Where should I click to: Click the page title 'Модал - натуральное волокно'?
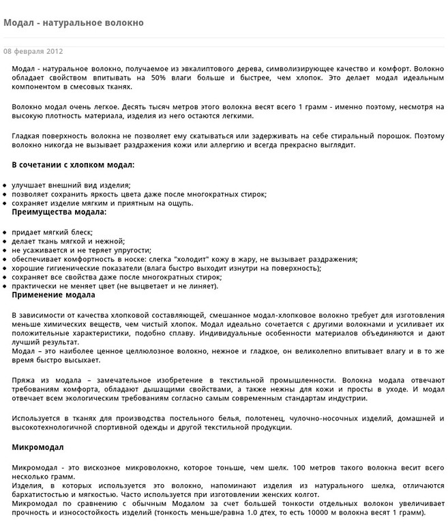[74, 22]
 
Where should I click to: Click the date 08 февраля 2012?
[33, 51]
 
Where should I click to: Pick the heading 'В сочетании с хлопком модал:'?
[73, 165]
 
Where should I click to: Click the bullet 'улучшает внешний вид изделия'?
[71, 185]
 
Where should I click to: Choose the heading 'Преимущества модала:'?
[59, 212]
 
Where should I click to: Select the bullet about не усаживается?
[81, 250]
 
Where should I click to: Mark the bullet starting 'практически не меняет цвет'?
[115, 286]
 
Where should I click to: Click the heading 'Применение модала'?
[54, 295]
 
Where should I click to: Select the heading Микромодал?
[38, 447]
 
